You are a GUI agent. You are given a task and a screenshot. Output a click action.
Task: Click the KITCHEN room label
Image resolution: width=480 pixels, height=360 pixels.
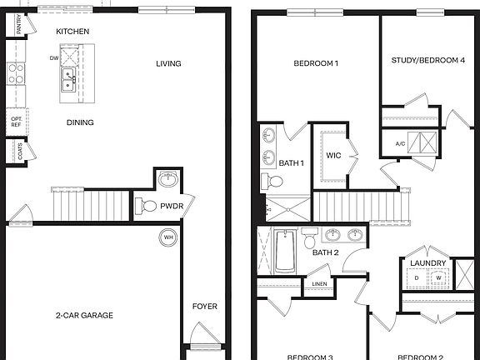tap(72, 31)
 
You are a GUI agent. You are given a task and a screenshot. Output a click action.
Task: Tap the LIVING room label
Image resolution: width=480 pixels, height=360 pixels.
tap(168, 63)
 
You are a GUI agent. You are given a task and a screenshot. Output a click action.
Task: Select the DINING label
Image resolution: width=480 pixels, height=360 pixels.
tap(80, 122)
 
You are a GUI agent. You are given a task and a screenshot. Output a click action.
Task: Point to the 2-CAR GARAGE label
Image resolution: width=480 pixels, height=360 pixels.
tap(84, 315)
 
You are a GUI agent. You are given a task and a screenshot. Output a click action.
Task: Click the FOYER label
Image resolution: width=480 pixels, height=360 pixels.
tap(204, 307)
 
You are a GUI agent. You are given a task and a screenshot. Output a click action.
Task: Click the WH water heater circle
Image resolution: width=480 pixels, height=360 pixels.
tap(169, 237)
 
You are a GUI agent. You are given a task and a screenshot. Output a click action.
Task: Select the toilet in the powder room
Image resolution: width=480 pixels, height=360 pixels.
tap(147, 205)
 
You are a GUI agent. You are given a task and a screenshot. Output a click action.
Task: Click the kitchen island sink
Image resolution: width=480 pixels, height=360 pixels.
tap(67, 81)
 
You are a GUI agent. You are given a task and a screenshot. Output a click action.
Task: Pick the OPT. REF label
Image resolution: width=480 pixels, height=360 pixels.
tap(16, 122)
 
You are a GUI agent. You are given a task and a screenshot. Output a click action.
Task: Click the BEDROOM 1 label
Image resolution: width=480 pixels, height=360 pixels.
tap(316, 63)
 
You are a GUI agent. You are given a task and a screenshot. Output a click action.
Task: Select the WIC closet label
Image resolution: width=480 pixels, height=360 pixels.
tap(334, 155)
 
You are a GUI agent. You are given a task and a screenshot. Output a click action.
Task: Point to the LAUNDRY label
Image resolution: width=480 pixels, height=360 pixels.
tap(427, 263)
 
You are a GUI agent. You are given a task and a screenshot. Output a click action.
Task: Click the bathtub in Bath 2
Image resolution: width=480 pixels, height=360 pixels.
tap(284, 252)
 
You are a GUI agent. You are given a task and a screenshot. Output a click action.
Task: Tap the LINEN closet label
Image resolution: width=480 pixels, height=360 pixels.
tap(319, 284)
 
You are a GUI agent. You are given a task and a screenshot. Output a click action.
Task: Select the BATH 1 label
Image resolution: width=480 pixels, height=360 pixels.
tap(291, 163)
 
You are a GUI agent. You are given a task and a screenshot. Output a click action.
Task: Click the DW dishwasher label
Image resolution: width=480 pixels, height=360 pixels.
tap(53, 59)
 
